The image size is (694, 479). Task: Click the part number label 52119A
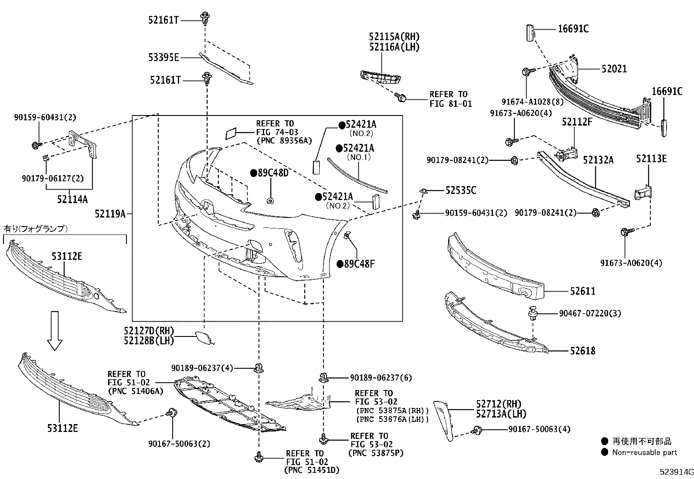click(x=110, y=214)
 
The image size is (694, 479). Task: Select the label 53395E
click(x=163, y=57)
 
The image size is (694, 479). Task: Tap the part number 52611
click(x=582, y=291)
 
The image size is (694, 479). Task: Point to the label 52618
click(x=582, y=350)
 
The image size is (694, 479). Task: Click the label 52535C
click(x=460, y=190)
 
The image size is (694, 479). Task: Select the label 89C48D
click(x=273, y=173)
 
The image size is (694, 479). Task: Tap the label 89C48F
click(x=359, y=264)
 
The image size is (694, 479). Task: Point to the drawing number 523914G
click(x=676, y=472)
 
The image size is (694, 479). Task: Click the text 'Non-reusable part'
click(x=644, y=452)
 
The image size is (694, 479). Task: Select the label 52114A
click(x=72, y=199)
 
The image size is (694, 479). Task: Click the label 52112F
click(x=577, y=122)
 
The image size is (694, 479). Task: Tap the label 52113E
click(x=651, y=159)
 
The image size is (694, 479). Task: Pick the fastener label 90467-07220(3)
click(x=590, y=313)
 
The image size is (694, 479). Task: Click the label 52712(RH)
click(x=499, y=404)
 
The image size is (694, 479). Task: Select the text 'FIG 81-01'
click(x=450, y=104)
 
